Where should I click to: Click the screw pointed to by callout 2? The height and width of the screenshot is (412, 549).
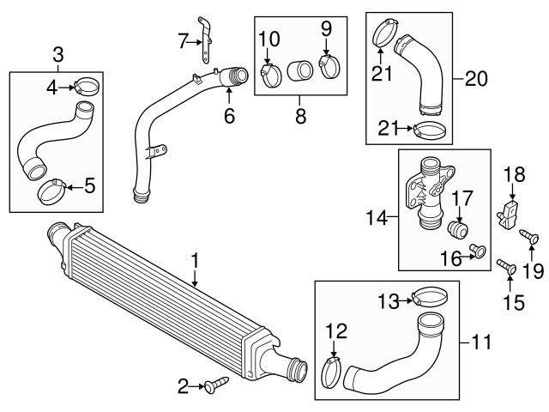(216, 385)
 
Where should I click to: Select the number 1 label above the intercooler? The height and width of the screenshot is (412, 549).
(195, 261)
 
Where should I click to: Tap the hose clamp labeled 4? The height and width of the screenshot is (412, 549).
(86, 86)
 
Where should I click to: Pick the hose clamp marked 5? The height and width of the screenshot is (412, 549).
(51, 191)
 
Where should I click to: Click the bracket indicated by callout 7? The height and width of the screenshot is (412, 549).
(205, 40)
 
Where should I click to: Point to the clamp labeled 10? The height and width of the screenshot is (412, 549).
(271, 76)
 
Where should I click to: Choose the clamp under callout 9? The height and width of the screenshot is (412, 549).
(329, 67)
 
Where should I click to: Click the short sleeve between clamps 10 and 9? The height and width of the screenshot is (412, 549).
(299, 70)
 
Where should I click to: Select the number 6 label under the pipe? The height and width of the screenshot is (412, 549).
(229, 116)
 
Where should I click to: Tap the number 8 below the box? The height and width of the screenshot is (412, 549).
(301, 116)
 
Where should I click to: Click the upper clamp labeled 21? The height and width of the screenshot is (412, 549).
(385, 33)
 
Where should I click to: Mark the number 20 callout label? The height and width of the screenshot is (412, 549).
(476, 78)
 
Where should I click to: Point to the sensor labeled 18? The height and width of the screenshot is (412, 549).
(508, 215)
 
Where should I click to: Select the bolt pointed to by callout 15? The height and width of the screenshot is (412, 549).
(507, 267)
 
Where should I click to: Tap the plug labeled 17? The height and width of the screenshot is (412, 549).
(458, 230)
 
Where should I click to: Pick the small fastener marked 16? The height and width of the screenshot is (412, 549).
(478, 251)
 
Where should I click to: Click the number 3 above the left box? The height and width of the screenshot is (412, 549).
(58, 55)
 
